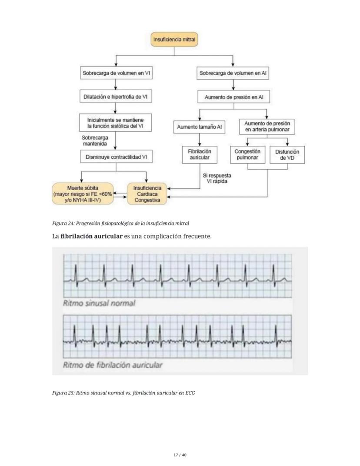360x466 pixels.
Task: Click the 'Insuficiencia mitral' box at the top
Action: click(x=174, y=40)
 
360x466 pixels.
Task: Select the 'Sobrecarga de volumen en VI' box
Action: click(x=117, y=74)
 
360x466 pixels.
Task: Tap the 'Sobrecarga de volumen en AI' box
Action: click(x=233, y=74)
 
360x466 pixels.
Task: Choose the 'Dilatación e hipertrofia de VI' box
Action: click(x=117, y=97)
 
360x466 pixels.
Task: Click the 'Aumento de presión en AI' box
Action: click(x=233, y=97)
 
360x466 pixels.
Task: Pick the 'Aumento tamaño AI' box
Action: click(x=199, y=127)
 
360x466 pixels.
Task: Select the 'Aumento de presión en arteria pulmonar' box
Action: click(x=267, y=127)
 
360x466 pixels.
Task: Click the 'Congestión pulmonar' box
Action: click(x=247, y=154)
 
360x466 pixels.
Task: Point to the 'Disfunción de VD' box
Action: click(x=287, y=154)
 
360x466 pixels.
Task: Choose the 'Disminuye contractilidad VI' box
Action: click(x=117, y=156)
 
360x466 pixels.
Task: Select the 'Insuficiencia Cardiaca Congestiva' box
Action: click(x=147, y=194)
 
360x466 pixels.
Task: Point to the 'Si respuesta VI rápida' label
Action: click(x=217, y=178)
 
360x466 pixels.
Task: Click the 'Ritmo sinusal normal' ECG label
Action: click(x=99, y=303)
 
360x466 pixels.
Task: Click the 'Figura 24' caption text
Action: click(x=120, y=223)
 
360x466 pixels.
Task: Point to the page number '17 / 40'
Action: click(x=180, y=455)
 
